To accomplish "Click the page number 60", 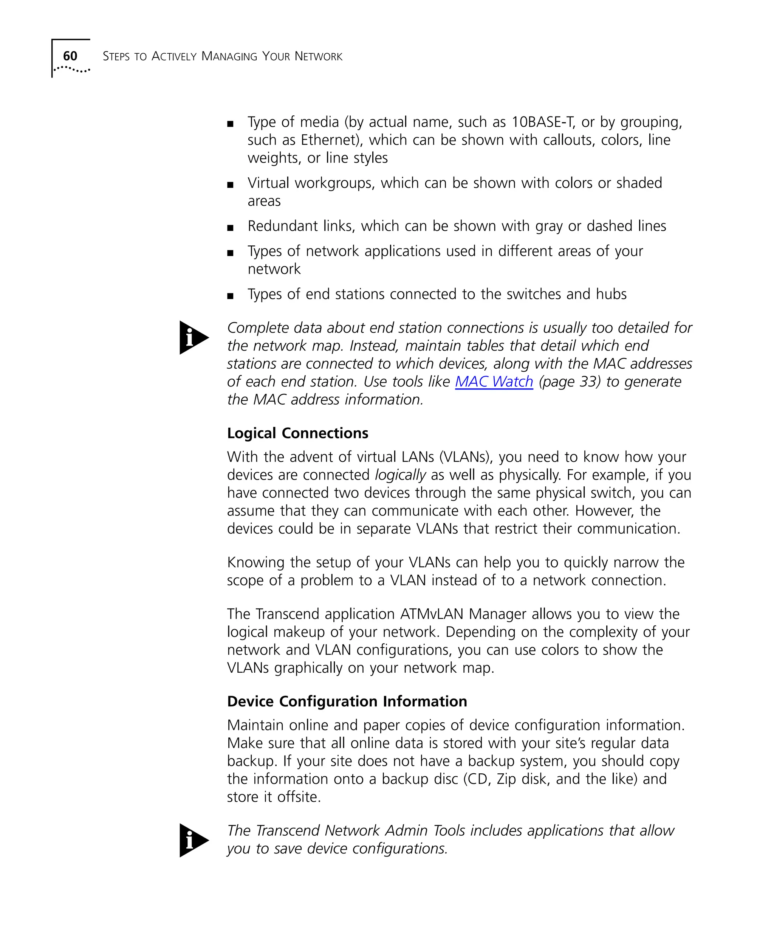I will [70, 56].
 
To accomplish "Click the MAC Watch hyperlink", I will [494, 382].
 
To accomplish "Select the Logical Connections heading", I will [297, 433].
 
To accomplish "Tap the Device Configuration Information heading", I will [347, 701].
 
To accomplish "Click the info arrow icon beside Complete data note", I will [193, 337].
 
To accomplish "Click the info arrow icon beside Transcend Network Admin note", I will [193, 840].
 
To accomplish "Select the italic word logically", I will [400, 475].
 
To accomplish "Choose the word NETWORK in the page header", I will [318, 56].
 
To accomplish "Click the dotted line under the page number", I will [72, 70].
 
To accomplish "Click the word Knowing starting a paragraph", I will [255, 563].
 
